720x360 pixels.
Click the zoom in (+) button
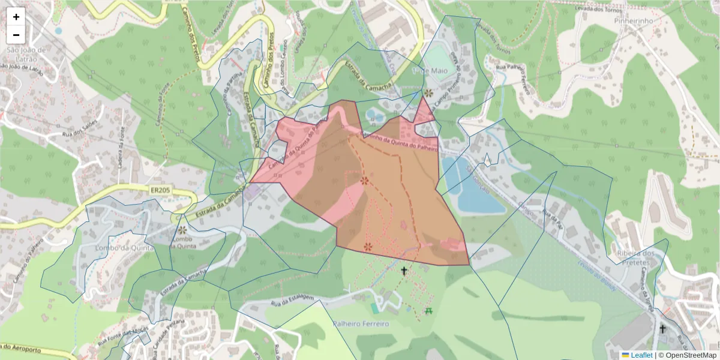pyautogui.click(x=16, y=17)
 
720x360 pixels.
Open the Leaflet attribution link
pyautogui.click(x=641, y=355)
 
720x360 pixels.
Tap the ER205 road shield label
pyautogui.click(x=159, y=190)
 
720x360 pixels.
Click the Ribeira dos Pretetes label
pyautogui.click(x=634, y=257)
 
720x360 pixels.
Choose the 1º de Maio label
pyautogui.click(x=427, y=70)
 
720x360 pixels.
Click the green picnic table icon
pyautogui.click(x=428, y=310)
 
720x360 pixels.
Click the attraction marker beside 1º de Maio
pyautogui.click(x=428, y=93)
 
